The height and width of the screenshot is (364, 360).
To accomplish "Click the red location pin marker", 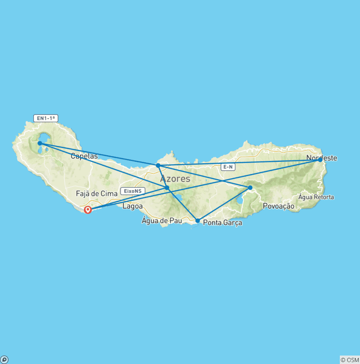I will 88,210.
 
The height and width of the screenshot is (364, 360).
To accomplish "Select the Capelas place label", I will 84,156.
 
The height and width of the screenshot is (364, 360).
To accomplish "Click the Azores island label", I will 175,179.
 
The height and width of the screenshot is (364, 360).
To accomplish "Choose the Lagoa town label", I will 132,206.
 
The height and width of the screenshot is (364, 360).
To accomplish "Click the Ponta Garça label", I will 223,223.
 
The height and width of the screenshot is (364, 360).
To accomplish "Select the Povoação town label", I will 278,206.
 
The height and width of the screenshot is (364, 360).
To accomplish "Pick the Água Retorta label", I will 316,197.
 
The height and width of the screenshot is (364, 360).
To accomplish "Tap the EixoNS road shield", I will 133,191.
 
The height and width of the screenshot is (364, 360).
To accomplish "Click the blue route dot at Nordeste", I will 320,160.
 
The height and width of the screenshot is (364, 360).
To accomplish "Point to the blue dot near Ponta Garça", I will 197,220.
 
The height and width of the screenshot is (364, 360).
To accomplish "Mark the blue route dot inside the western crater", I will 40,143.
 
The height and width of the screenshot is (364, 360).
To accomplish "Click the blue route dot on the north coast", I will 158,165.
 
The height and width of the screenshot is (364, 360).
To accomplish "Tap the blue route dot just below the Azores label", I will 167,188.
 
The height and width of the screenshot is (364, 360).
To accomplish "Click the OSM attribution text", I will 350,360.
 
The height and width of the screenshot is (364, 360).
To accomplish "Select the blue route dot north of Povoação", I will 250,188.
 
